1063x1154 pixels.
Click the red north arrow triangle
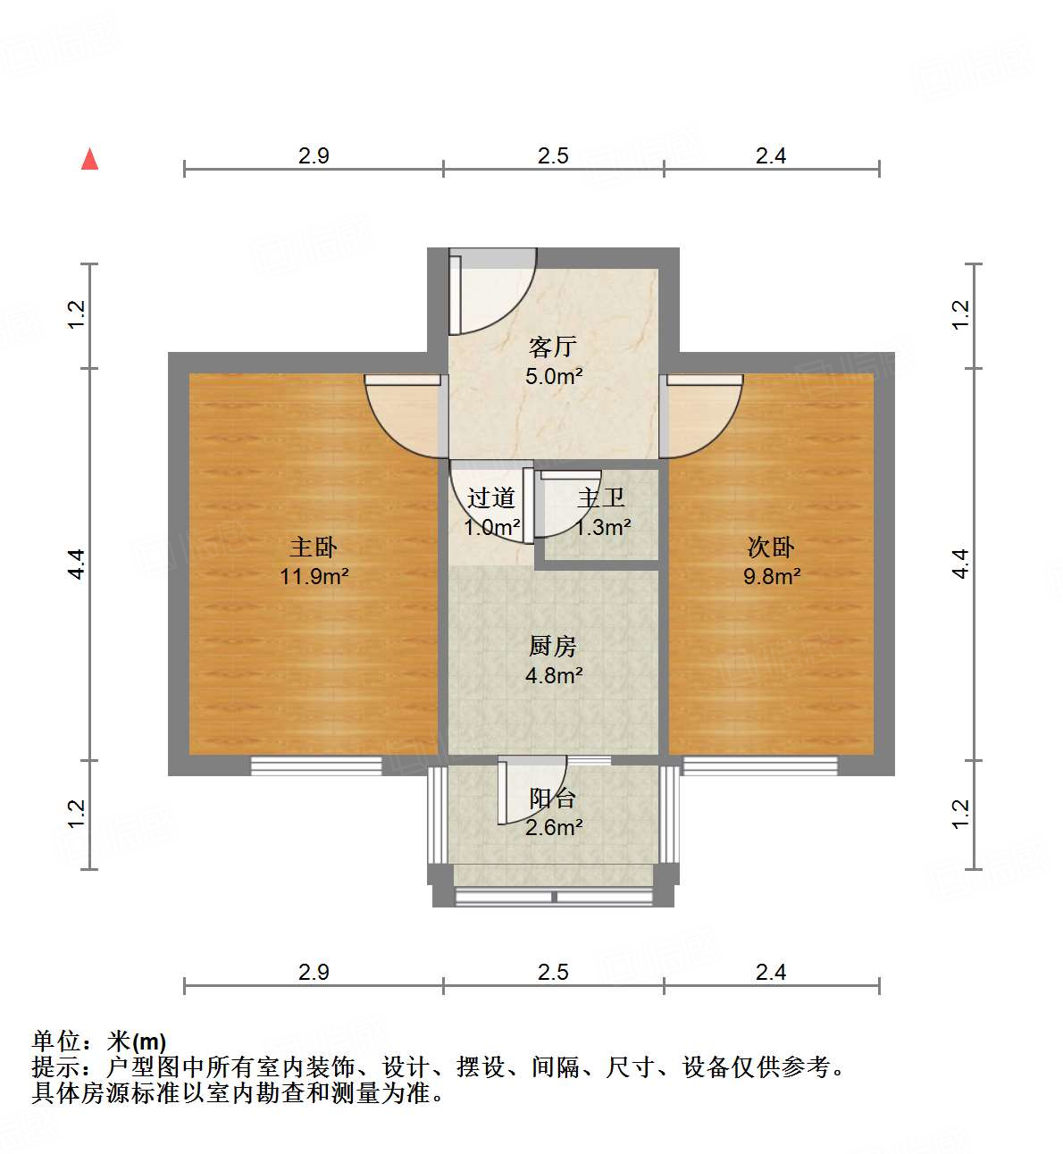[89, 160]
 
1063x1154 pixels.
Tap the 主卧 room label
[314, 547]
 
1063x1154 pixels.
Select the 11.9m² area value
[314, 576]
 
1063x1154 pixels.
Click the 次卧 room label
[771, 547]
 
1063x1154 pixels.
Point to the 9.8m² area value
[772, 576]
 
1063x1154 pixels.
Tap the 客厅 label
[553, 347]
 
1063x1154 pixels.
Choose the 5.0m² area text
[554, 376]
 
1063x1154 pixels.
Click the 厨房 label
[553, 646]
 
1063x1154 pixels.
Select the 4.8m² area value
[554, 675]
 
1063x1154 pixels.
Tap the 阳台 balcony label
[553, 798]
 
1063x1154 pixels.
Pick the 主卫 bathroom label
[601, 498]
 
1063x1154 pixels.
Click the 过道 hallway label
[491, 498]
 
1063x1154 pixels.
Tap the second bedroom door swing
[703, 414]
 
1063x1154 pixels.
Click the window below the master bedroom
[316, 765]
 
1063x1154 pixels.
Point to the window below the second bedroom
[760, 765]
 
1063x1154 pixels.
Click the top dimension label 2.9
[314, 155]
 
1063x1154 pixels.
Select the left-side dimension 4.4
[77, 564]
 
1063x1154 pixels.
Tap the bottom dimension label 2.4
[771, 972]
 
